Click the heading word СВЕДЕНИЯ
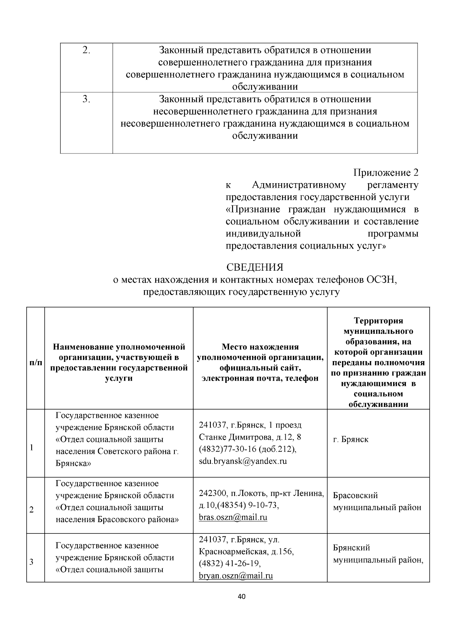click(x=254, y=268)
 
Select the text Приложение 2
click(x=386, y=173)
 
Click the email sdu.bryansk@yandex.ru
click(x=243, y=461)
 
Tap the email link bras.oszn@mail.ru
click(x=233, y=517)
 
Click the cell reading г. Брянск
click(x=351, y=439)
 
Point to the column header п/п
click(x=35, y=363)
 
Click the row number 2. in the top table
click(x=86, y=50)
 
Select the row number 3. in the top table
click(x=86, y=99)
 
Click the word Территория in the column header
click(x=378, y=321)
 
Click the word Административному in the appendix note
click(x=299, y=185)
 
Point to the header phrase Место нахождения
click(x=260, y=347)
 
